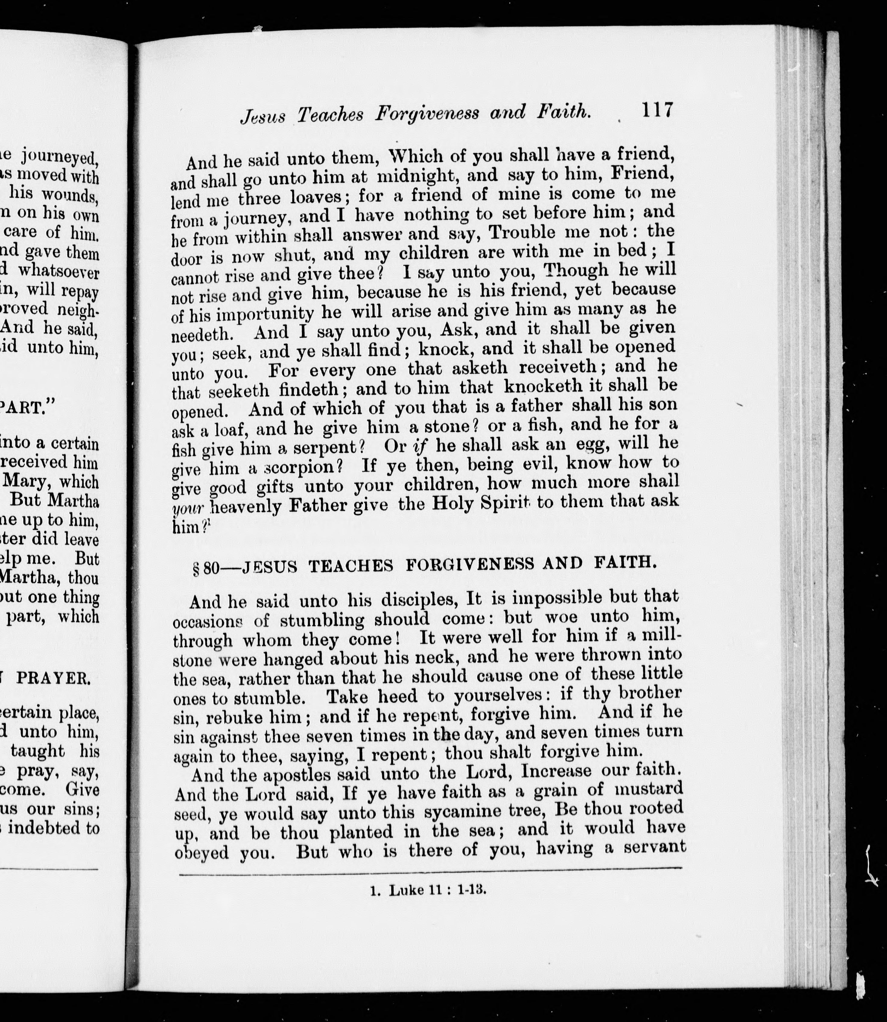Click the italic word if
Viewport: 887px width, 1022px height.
point(420,446)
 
